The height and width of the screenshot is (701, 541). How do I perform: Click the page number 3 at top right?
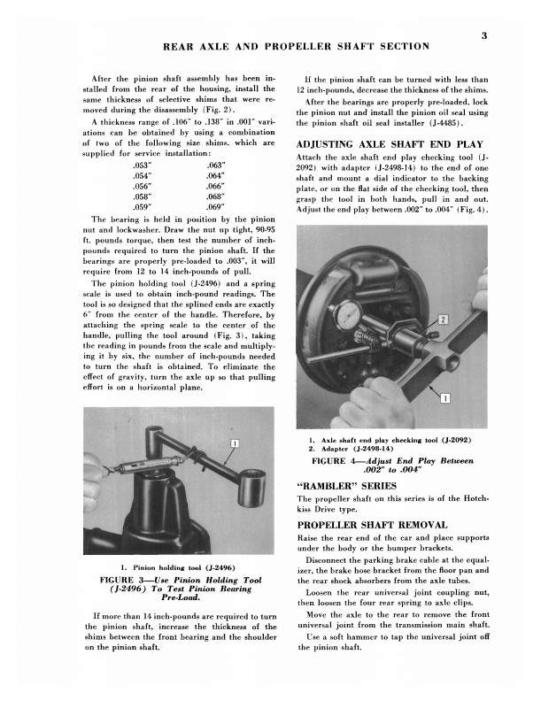point(485,36)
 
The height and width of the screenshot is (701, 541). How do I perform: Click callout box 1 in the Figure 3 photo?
point(236,443)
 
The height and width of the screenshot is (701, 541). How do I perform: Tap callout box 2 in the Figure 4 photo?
point(444,318)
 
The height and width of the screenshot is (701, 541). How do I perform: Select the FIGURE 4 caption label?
point(346,460)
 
